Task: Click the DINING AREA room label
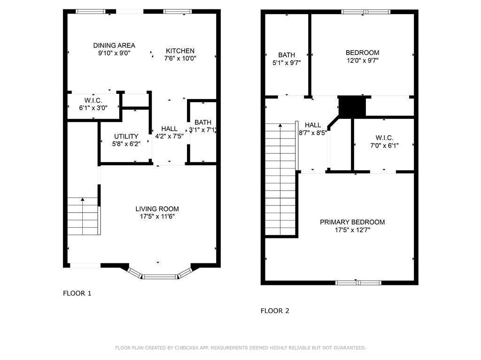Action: (x=114, y=46)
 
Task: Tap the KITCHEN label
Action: (x=180, y=51)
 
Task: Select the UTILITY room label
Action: (x=126, y=137)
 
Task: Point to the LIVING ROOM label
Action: (x=157, y=209)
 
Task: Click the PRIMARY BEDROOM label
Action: (x=352, y=222)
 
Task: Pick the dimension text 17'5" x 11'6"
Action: (x=157, y=216)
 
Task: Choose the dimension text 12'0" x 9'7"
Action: (x=362, y=60)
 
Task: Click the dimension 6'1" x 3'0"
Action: (x=93, y=107)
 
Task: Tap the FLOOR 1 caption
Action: (x=77, y=293)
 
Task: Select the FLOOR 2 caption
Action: (x=275, y=311)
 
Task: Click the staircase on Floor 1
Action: (x=83, y=216)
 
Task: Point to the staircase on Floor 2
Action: (x=280, y=179)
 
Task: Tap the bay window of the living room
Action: (x=160, y=276)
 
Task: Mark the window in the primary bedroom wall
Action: (x=358, y=283)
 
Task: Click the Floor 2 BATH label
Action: (x=287, y=55)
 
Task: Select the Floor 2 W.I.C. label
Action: (x=384, y=138)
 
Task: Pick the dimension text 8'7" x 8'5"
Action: (x=313, y=132)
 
